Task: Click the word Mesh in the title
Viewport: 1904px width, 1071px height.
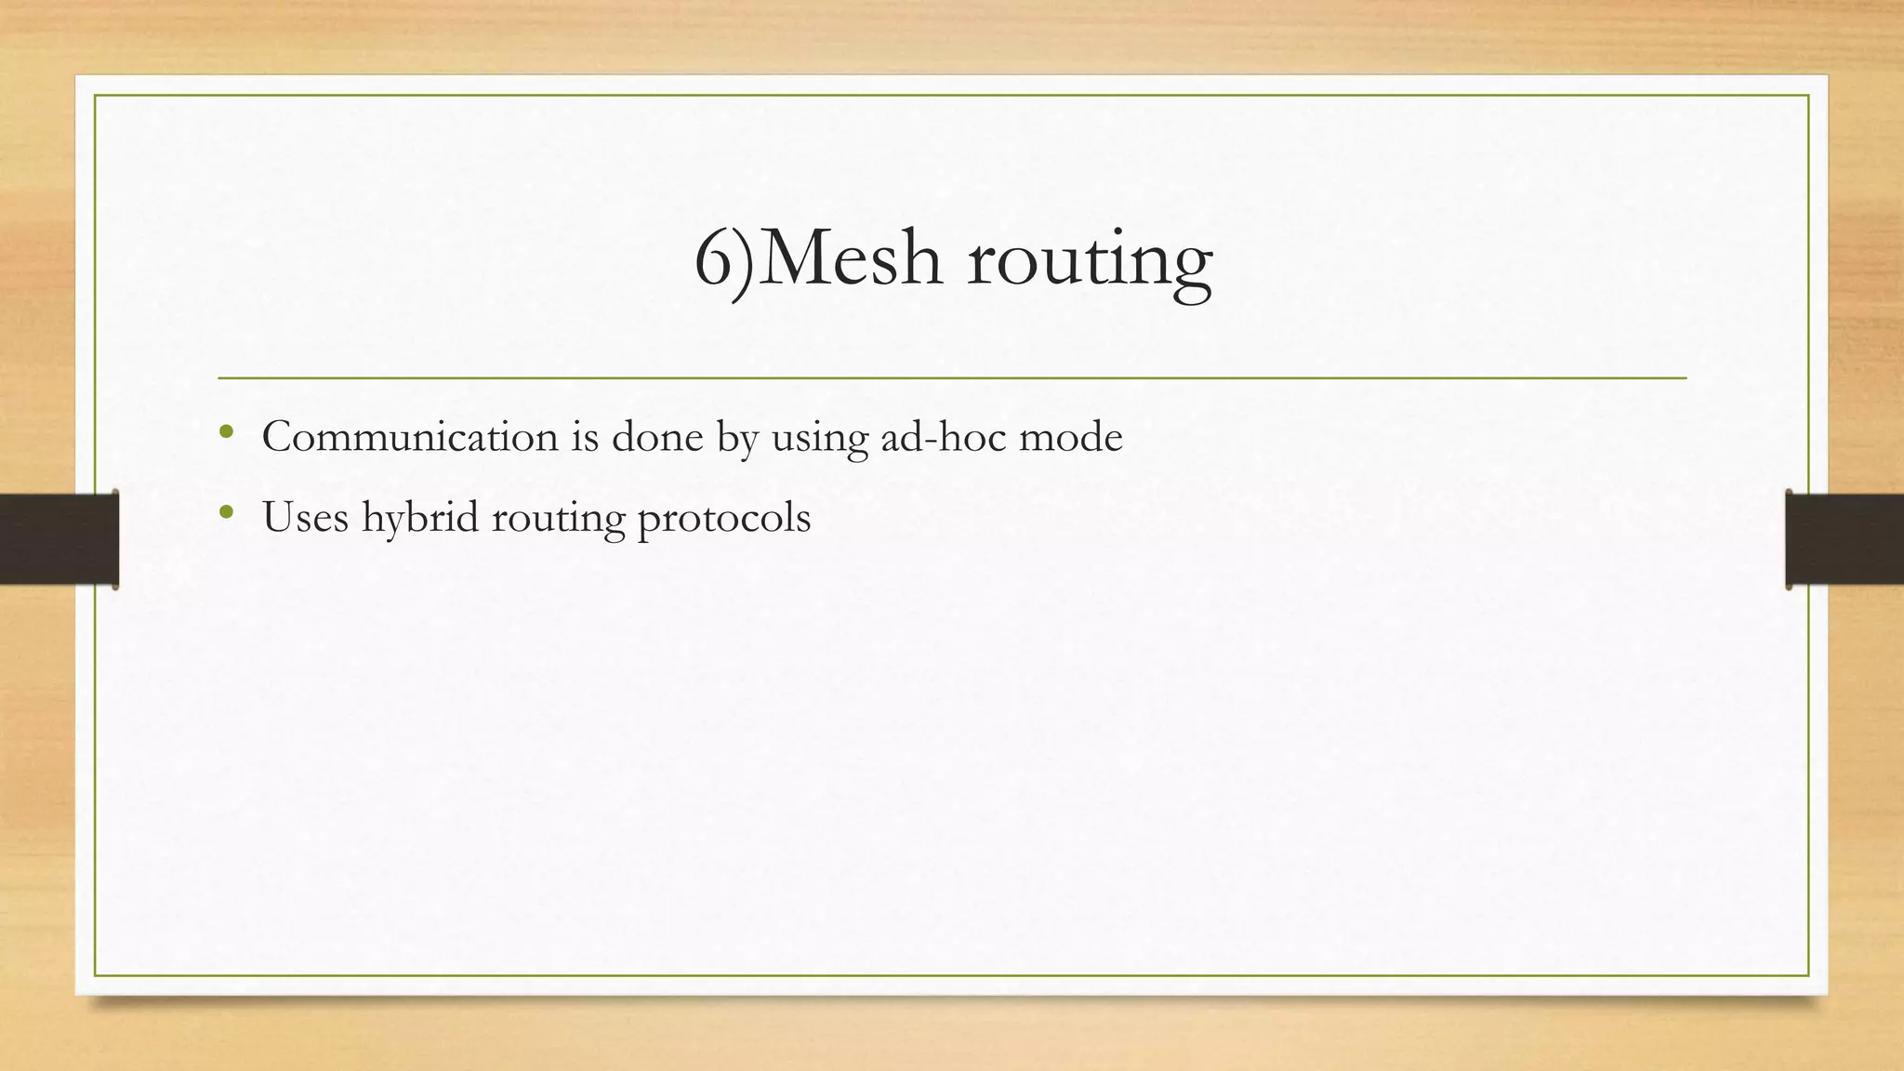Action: tap(854, 258)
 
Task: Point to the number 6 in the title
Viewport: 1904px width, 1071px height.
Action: tap(714, 260)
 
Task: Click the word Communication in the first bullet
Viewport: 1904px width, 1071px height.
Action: tap(410, 436)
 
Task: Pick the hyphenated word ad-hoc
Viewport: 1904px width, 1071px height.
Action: tap(942, 436)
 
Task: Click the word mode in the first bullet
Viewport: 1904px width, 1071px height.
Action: tap(1071, 436)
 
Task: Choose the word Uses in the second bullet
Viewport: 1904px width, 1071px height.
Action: tap(305, 517)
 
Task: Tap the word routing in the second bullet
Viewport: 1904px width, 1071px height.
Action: tap(558, 519)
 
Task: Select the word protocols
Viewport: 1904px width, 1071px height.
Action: tap(724, 519)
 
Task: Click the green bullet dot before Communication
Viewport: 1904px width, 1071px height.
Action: tap(226, 431)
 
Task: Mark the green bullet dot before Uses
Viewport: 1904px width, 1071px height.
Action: tap(226, 511)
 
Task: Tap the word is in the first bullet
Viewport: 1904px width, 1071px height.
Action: tap(585, 436)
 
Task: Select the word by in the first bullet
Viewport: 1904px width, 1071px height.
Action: tap(738, 438)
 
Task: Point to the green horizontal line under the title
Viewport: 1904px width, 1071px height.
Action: tap(952, 378)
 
